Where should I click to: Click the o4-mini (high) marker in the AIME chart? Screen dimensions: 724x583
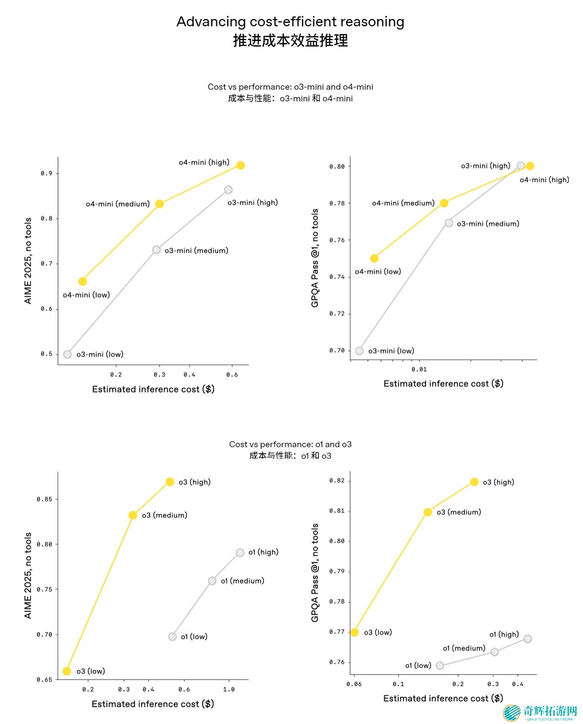[241, 165]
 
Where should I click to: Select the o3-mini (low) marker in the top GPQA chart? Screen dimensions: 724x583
[359, 351]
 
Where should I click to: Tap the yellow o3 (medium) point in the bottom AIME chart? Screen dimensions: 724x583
[133, 515]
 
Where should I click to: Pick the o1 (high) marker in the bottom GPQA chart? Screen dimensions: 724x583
[527, 639]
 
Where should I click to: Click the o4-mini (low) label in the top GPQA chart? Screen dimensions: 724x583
[378, 271]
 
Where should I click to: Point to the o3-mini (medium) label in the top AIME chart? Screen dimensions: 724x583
[196, 250]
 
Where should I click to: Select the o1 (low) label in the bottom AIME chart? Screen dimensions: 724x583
[194, 637]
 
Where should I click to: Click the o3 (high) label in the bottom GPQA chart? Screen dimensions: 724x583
[498, 482]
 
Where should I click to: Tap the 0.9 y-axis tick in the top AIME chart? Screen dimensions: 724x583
[47, 173]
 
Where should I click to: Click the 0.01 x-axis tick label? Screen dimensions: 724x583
[419, 369]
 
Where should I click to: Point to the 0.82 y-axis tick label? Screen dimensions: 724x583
[337, 481]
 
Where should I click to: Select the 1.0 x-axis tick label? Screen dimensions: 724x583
[229, 690]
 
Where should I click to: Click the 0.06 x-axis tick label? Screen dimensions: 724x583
[354, 684]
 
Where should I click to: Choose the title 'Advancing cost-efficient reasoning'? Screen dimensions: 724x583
[290, 22]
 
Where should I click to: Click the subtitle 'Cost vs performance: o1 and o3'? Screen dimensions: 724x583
[290, 444]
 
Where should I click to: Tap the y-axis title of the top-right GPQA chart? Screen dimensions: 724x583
[315, 258]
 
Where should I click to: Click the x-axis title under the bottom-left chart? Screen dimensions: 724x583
[153, 704]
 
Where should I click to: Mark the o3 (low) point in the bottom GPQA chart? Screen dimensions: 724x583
[354, 632]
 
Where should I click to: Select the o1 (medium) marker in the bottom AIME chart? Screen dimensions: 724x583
[212, 581]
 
